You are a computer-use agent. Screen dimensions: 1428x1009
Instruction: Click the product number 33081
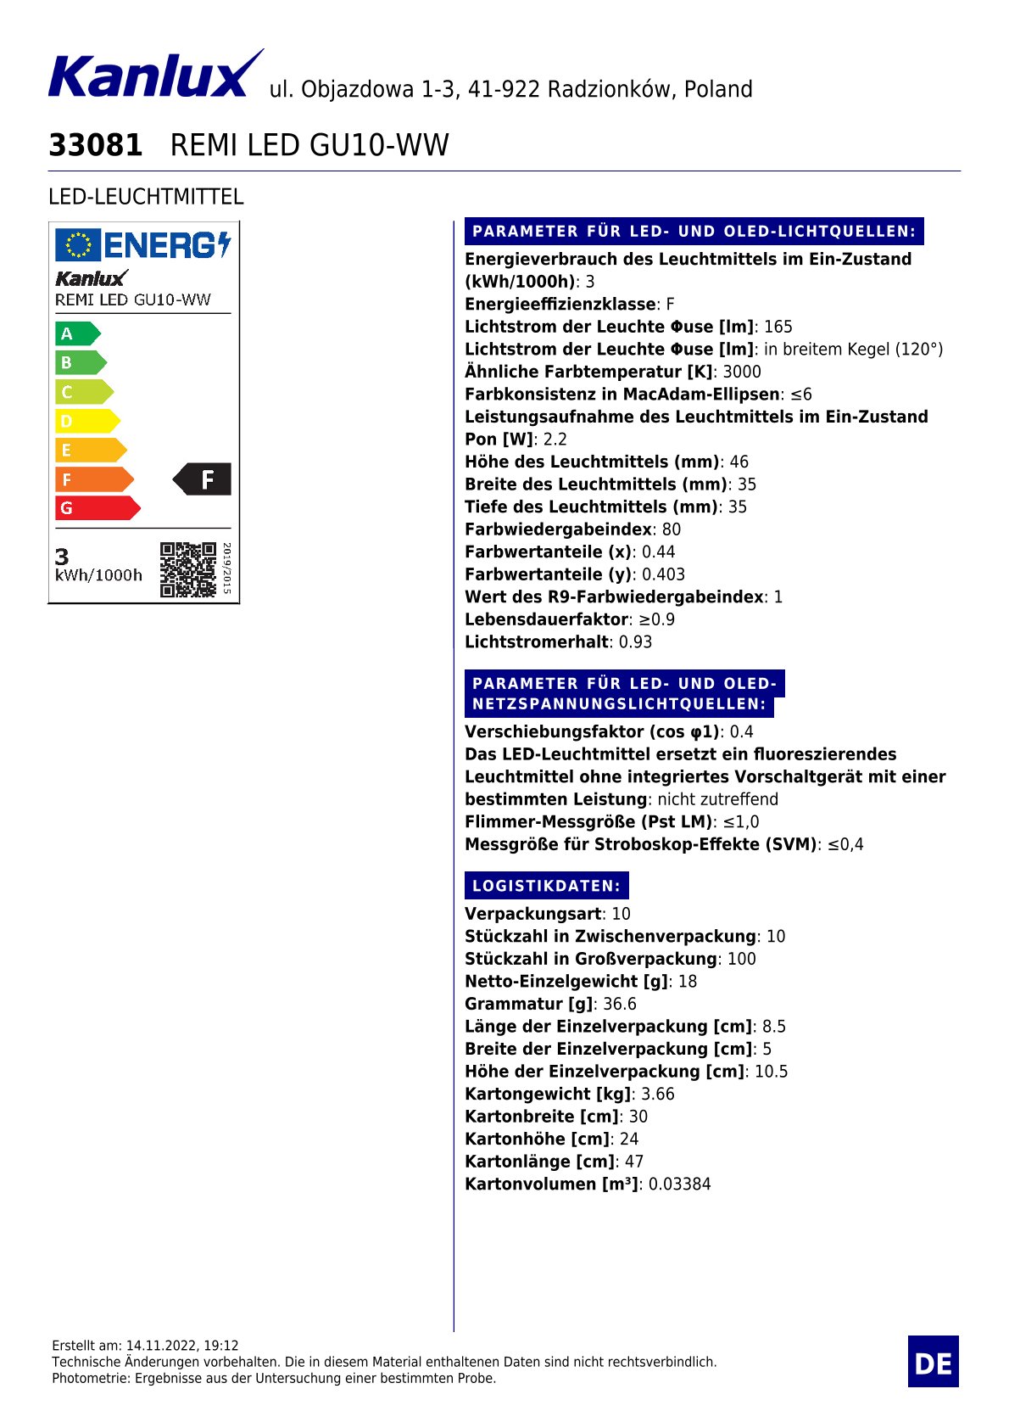(x=96, y=145)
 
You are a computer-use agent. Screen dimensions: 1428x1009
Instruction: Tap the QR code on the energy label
(x=188, y=569)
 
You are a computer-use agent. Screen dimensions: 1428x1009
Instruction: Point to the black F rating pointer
(x=203, y=479)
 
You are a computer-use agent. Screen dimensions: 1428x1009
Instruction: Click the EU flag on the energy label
(x=78, y=245)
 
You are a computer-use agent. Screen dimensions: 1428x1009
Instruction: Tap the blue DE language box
(x=933, y=1362)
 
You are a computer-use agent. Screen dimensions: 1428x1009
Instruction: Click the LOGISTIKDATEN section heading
(x=546, y=886)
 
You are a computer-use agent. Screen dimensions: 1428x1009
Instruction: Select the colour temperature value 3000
(x=742, y=372)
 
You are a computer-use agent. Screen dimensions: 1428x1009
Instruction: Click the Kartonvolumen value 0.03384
(x=679, y=1184)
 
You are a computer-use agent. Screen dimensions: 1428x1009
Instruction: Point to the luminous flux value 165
(x=778, y=327)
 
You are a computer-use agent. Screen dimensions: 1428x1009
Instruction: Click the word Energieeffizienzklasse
(x=560, y=304)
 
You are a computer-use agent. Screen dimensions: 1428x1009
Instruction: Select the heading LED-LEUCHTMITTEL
(x=146, y=197)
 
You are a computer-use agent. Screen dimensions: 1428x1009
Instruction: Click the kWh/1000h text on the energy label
(x=98, y=575)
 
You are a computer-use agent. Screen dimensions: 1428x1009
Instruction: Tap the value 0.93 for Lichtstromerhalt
(x=635, y=641)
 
